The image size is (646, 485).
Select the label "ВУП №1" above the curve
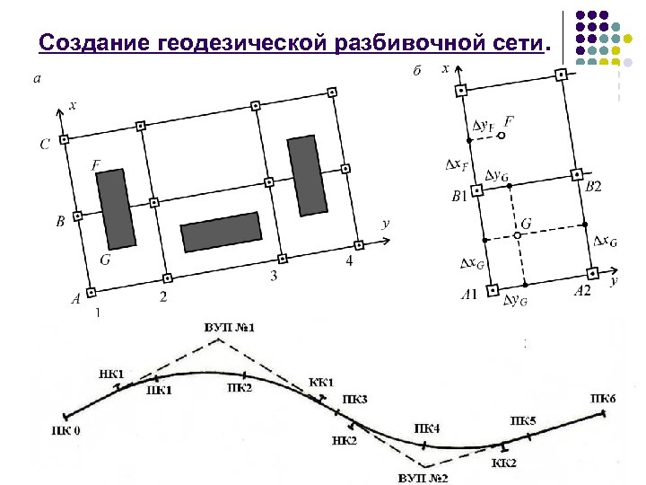[230, 327]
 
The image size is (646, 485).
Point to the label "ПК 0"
[65, 430]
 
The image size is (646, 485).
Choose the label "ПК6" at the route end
[603, 398]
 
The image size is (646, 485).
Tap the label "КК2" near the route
[503, 463]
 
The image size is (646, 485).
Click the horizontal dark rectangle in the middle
[221, 231]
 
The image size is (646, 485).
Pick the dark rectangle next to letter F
[117, 208]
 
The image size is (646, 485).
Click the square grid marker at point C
[65, 140]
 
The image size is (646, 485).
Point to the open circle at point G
[517, 236]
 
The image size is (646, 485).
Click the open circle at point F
[502, 136]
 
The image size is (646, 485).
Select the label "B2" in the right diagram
[593, 187]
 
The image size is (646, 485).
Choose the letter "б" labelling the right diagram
[417, 71]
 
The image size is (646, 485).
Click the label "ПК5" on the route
[524, 419]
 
